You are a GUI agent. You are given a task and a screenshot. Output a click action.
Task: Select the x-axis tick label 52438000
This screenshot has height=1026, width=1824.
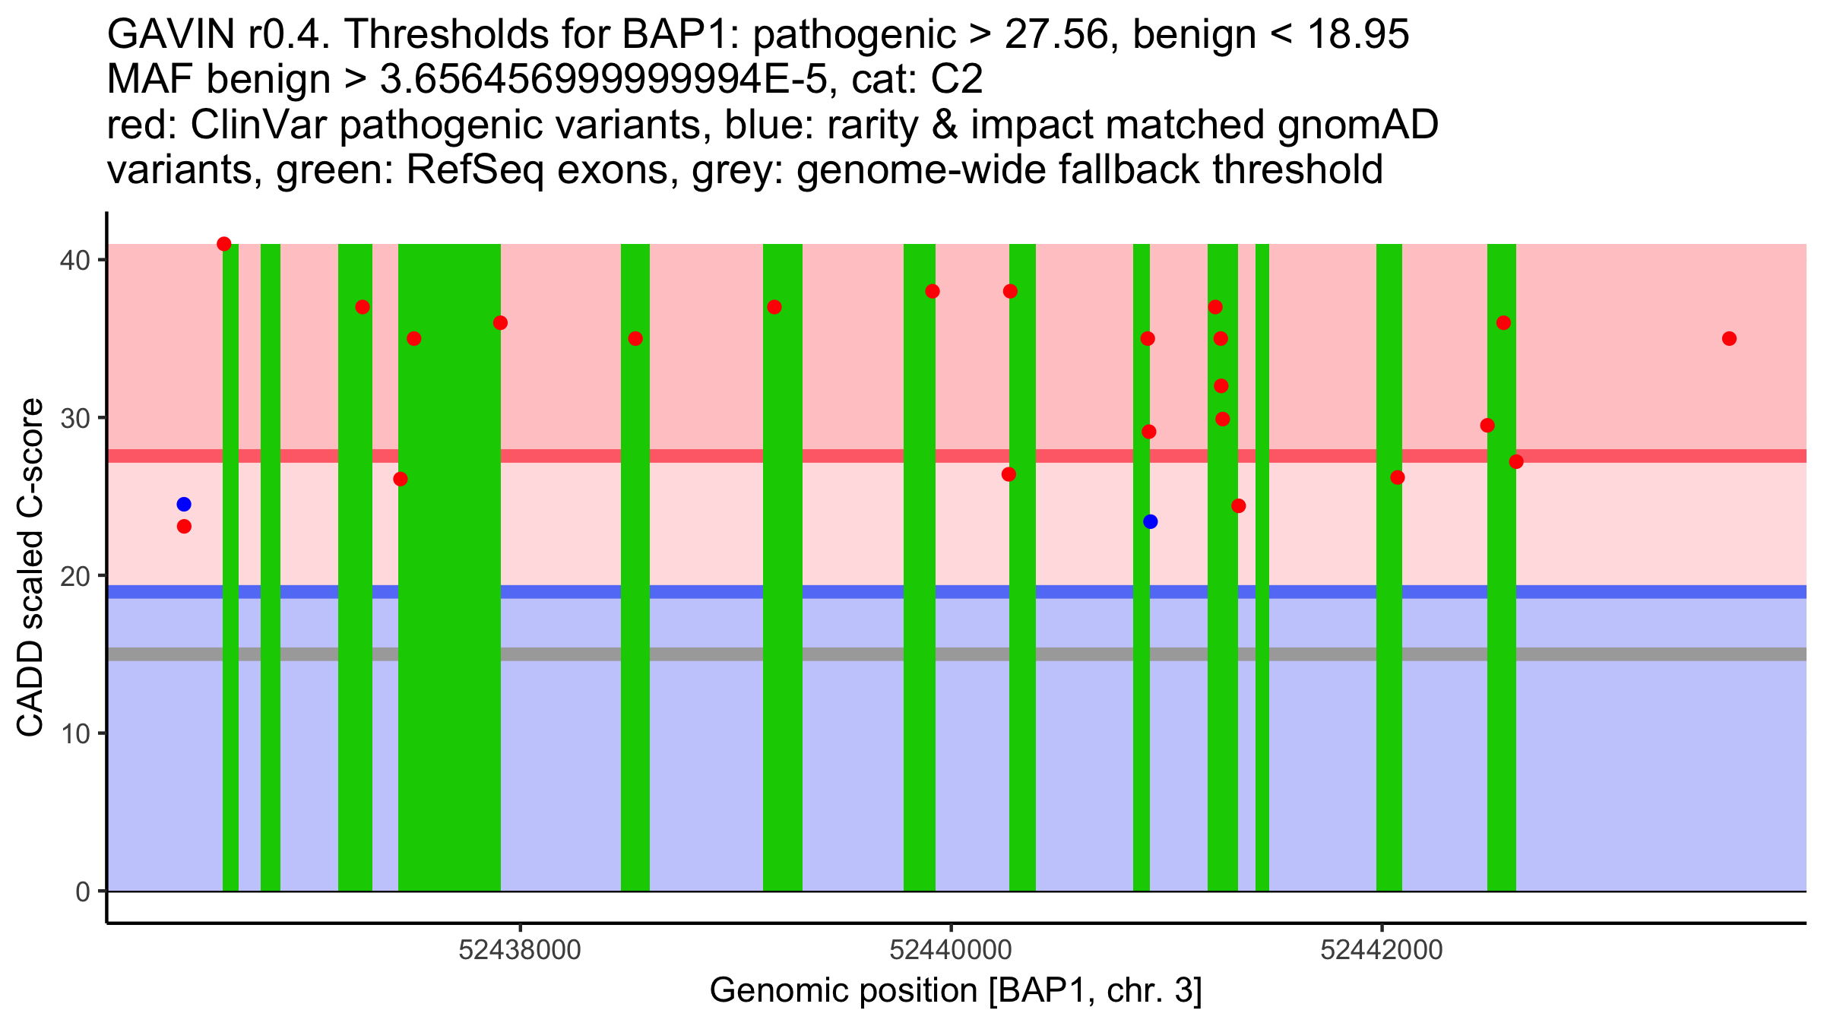521,950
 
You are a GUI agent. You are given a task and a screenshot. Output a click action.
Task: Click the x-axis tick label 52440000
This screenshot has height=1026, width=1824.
951,950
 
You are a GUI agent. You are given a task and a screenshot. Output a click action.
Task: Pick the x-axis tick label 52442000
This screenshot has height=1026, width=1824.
1382,950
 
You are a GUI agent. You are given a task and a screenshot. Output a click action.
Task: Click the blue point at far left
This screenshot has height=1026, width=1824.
184,505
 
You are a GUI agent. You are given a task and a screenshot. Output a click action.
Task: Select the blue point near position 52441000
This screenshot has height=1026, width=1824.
1150,521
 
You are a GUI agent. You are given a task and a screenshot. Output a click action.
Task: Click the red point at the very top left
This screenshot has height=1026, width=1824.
224,244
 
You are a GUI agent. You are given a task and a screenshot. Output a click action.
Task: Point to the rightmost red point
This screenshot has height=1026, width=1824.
1729,338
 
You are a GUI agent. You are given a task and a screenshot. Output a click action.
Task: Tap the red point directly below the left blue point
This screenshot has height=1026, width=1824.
184,527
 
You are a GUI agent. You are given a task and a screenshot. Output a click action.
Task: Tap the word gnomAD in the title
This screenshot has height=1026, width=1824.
1357,125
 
